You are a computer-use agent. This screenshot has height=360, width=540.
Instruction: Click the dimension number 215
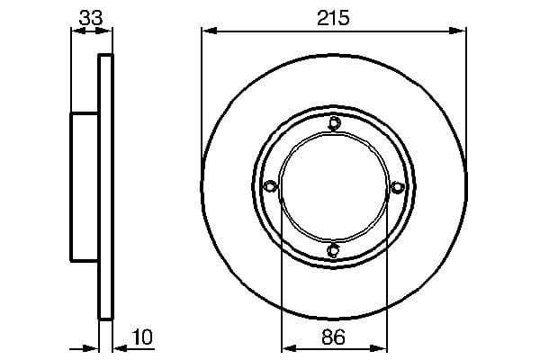[334, 17]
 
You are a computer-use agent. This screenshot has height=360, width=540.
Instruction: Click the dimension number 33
[91, 16]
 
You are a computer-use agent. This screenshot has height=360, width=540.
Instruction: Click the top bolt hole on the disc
[334, 124]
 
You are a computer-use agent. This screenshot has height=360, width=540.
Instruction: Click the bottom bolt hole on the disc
[334, 250]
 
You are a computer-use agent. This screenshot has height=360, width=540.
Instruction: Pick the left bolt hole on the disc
[270, 187]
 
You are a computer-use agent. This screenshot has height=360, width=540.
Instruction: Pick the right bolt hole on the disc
[397, 187]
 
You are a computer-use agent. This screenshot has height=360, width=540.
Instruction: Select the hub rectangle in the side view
[85, 187]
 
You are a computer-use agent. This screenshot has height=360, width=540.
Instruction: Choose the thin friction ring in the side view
[106, 187]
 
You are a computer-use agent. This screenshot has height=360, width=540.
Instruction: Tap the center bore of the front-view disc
[334, 187]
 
